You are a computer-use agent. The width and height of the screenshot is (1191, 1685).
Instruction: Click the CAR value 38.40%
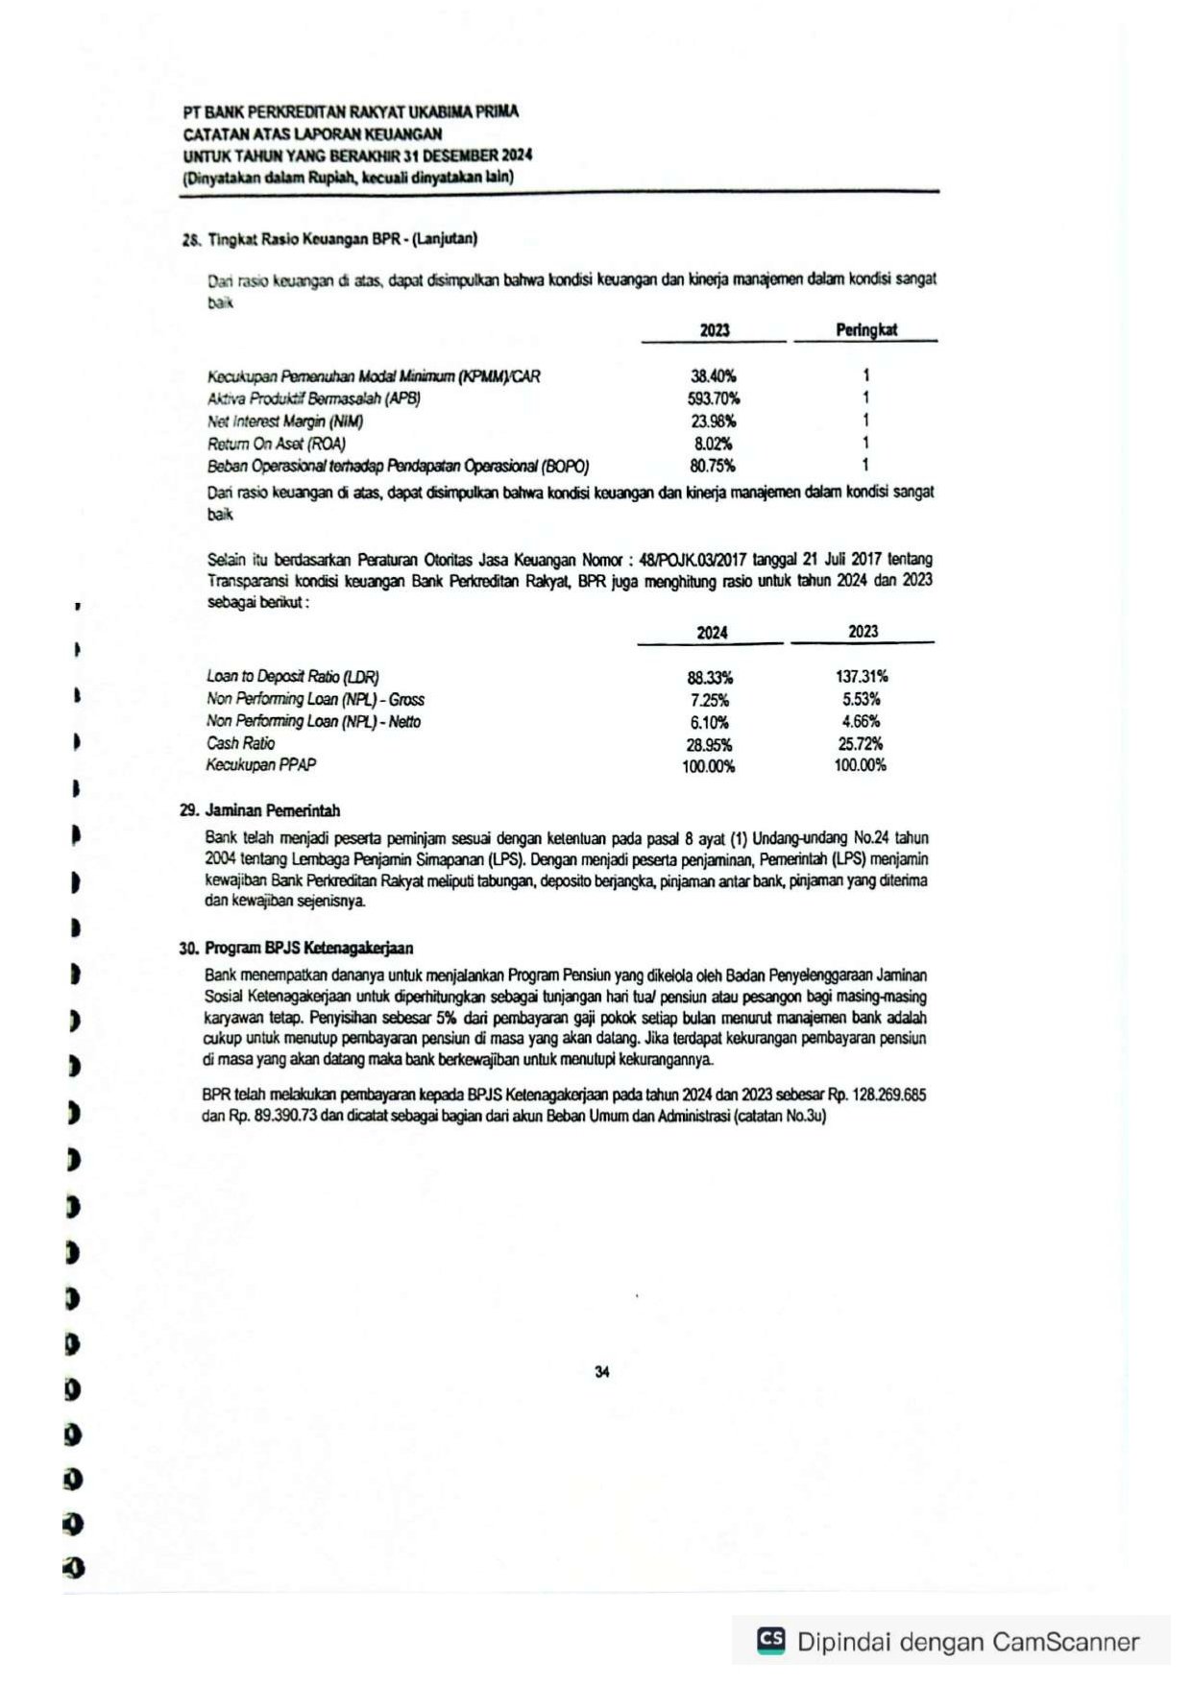click(713, 376)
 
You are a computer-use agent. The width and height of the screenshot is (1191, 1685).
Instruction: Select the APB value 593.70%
click(713, 398)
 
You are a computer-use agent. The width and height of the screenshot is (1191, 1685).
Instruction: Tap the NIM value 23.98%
click(713, 421)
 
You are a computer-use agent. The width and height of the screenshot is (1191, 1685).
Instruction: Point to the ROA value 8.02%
click(713, 444)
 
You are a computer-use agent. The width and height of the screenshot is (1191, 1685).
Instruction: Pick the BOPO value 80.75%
click(713, 466)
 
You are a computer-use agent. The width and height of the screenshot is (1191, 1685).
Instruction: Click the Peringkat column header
click(865, 330)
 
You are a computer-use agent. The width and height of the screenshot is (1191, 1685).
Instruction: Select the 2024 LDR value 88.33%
click(710, 677)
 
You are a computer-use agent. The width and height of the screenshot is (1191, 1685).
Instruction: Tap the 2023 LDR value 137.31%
click(861, 677)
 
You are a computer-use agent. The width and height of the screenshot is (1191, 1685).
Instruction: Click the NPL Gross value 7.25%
click(710, 700)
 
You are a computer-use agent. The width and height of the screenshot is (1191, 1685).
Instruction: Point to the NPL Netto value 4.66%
click(861, 721)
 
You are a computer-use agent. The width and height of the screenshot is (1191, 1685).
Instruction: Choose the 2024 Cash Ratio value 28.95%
click(710, 744)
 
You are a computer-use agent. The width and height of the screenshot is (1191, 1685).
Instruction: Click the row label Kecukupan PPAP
click(260, 765)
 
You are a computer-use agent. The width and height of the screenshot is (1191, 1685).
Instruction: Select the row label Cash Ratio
click(240, 743)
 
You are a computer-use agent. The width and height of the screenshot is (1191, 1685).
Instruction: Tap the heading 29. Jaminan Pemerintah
click(259, 810)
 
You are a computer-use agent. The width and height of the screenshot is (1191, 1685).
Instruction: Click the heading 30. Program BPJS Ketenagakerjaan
click(296, 948)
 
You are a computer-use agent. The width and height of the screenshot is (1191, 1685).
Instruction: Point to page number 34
click(602, 1372)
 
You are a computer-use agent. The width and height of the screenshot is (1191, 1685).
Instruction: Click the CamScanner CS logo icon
click(770, 1639)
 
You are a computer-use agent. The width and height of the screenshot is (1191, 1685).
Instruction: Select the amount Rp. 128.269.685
click(877, 1095)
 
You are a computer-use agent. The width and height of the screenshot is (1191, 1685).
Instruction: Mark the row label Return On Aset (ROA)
click(277, 444)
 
